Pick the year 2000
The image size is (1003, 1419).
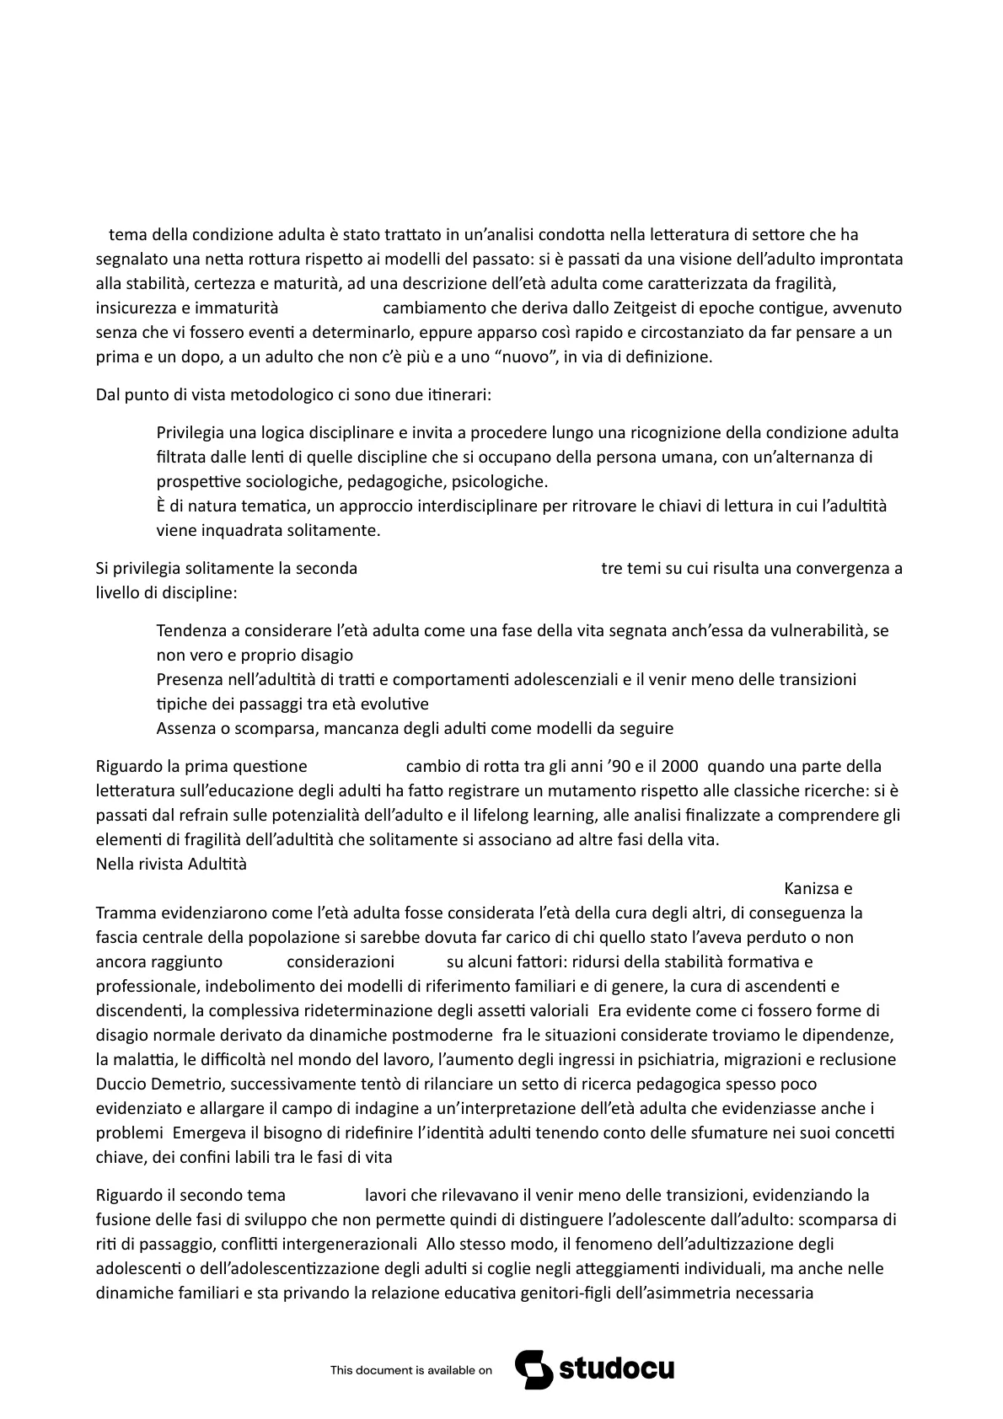click(x=680, y=766)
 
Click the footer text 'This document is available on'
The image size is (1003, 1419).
click(x=410, y=1371)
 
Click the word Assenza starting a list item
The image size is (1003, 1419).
click(x=186, y=728)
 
